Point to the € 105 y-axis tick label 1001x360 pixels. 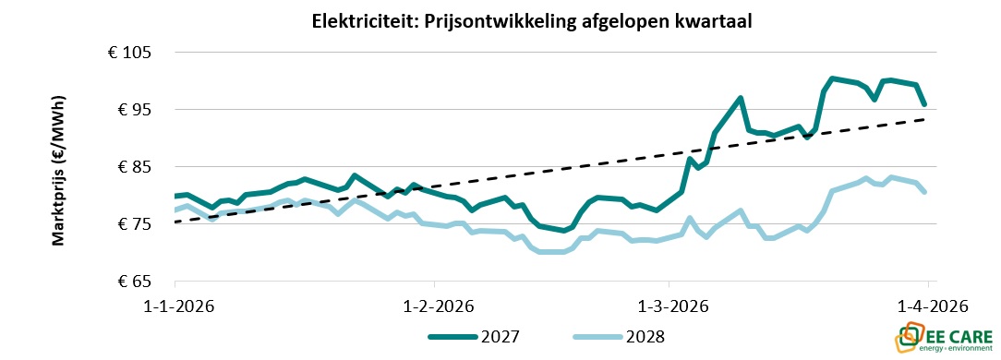(x=129, y=54)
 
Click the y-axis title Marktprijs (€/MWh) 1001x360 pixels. (x=57, y=169)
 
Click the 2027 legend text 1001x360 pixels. (x=499, y=337)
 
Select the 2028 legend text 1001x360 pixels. (x=645, y=337)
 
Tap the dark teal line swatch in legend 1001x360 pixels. (x=452, y=337)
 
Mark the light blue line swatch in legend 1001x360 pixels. (x=598, y=337)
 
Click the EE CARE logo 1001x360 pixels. (x=943, y=337)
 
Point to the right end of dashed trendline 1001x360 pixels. (x=925, y=119)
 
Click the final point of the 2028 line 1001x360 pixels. (x=925, y=192)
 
